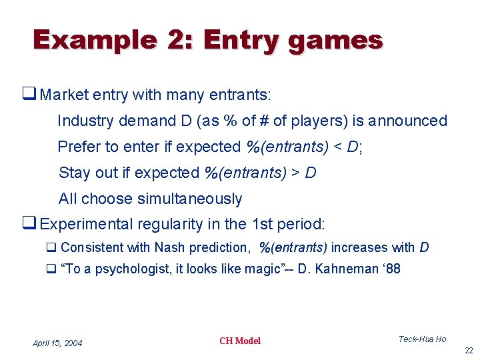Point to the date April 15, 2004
58,343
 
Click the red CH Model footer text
240,341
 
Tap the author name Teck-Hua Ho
422,339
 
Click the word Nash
170,247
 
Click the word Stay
73,173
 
